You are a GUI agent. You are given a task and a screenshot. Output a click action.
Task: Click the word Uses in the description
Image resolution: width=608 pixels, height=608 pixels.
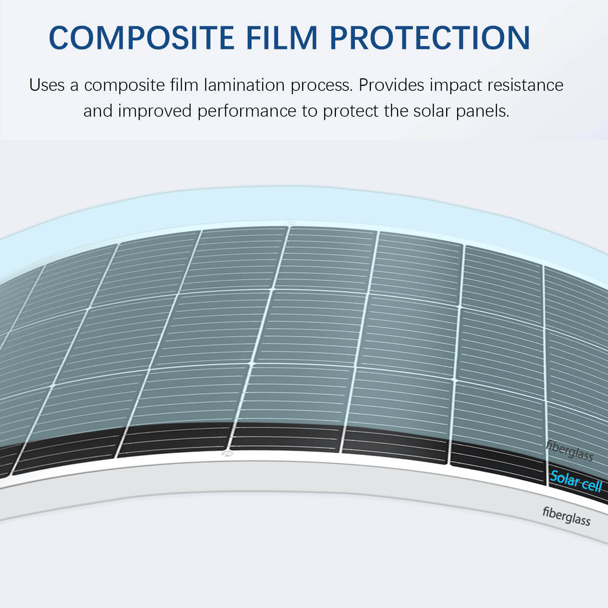(47, 85)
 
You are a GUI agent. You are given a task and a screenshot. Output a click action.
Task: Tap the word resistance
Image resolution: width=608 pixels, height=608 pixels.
(526, 85)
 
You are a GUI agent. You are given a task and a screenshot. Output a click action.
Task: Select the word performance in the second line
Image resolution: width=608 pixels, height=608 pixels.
(247, 111)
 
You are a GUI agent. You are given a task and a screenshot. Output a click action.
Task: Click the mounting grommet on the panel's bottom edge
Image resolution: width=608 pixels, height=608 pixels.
(227, 454)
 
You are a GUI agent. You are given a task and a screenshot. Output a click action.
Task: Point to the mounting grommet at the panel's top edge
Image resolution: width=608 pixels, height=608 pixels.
(291, 224)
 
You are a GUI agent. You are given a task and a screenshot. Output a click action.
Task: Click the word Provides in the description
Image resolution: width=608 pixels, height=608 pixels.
(391, 85)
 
